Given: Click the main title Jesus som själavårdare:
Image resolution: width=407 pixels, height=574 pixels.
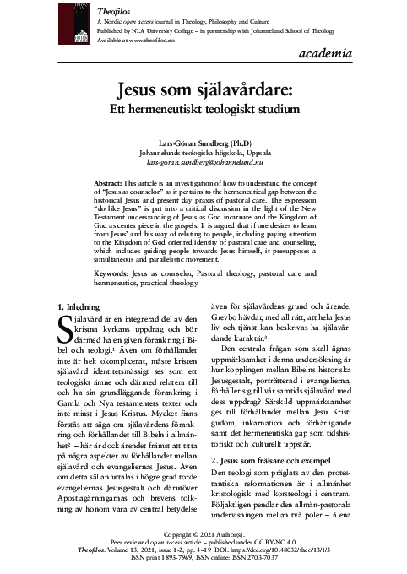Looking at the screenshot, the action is pyautogui.click(x=203, y=89).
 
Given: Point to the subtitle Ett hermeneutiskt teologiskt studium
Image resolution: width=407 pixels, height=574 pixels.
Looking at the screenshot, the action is pyautogui.click(x=203, y=109).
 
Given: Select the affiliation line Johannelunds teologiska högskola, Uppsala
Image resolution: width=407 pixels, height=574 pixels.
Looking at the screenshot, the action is pyautogui.click(x=203, y=152).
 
